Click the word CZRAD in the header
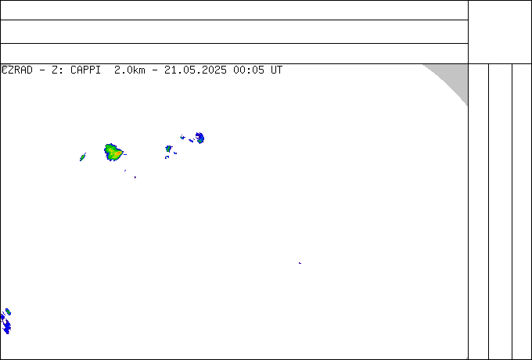tap(17, 70)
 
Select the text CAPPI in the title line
tap(85, 70)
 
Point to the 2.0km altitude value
tap(130, 70)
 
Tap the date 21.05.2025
tap(196, 70)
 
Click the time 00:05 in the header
tap(248, 70)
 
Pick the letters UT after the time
tap(276, 70)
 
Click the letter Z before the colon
tap(54, 70)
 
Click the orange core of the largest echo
tap(117, 153)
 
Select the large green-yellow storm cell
tap(113, 152)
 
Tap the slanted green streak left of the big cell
tap(82, 157)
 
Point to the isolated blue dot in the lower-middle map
tap(300, 263)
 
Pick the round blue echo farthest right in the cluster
tap(199, 138)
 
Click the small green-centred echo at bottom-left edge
tap(8, 311)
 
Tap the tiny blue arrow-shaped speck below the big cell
tap(135, 177)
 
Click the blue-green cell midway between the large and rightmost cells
tap(169, 149)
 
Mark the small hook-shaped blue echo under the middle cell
tap(167, 157)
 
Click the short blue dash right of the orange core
tap(125, 154)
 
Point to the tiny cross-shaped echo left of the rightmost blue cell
tap(182, 137)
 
